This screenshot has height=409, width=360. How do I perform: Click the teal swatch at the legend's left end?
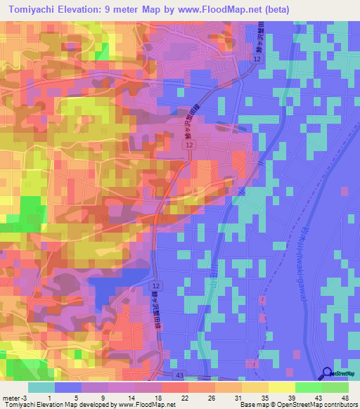[x=41, y=387]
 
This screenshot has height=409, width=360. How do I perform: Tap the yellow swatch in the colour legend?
[x=281, y=387]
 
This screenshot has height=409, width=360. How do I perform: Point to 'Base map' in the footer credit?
[x=255, y=405]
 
